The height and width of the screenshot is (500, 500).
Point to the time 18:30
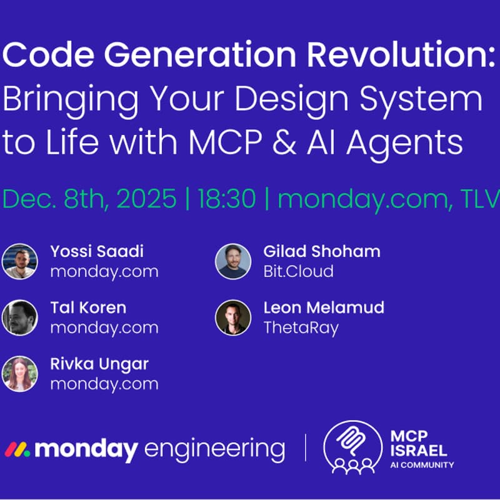pos(227,199)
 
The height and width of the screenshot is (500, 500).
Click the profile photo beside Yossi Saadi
pos(19,261)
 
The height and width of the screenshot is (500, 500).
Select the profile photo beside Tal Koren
pos(19,317)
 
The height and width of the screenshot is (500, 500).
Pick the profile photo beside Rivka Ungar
pos(19,374)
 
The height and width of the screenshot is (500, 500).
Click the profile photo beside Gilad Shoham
pos(233,261)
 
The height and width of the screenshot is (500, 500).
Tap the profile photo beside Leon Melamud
pos(233,317)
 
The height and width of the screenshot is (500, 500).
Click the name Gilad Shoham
pos(322,252)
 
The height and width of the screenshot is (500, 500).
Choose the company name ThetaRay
pos(301,328)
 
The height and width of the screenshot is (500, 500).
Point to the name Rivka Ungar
pos(99,364)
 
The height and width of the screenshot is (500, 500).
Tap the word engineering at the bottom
pos(214,449)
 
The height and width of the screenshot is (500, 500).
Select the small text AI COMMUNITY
pos(421,465)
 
